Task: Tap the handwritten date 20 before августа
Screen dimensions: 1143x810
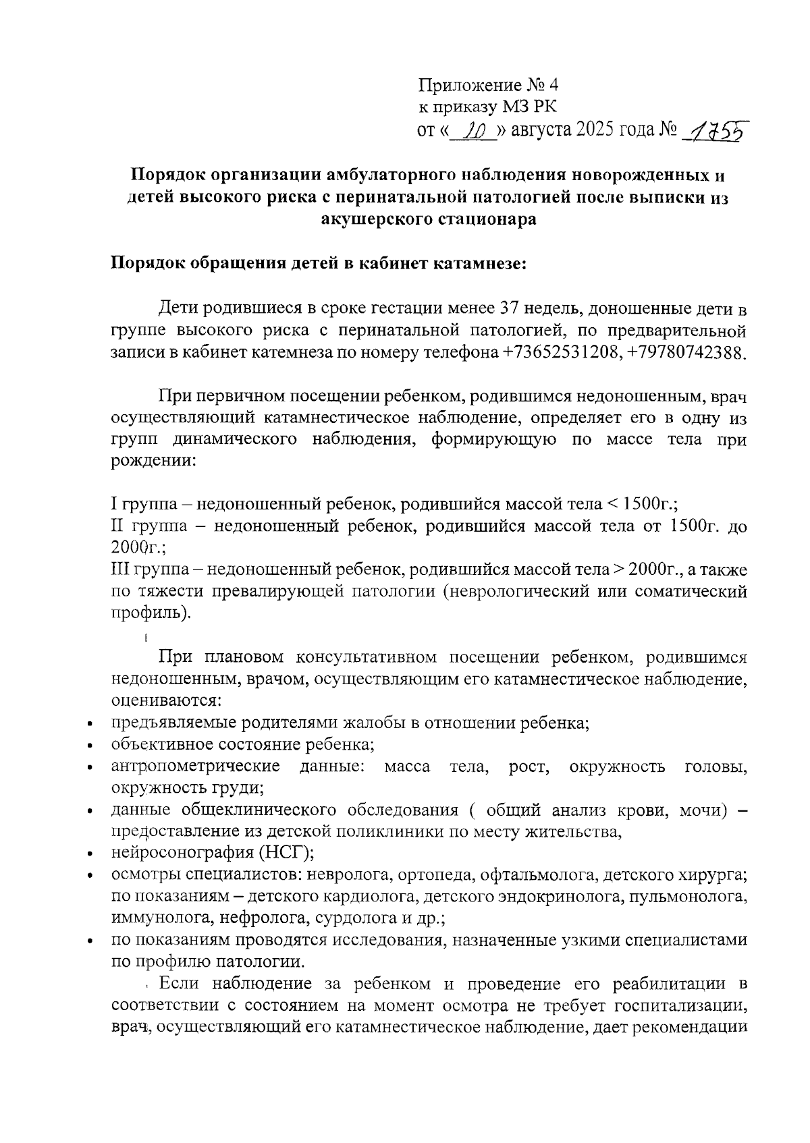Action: [x=473, y=130]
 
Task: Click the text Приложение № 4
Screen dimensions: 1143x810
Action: [x=489, y=85]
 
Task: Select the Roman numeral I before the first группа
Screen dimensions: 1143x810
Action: [x=113, y=504]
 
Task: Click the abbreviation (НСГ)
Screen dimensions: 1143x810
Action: [x=286, y=854]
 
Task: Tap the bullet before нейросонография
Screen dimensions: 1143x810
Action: [x=90, y=855]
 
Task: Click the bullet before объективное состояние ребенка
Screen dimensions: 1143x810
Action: [x=90, y=746]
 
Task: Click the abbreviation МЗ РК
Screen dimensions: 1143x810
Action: [x=530, y=107]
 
